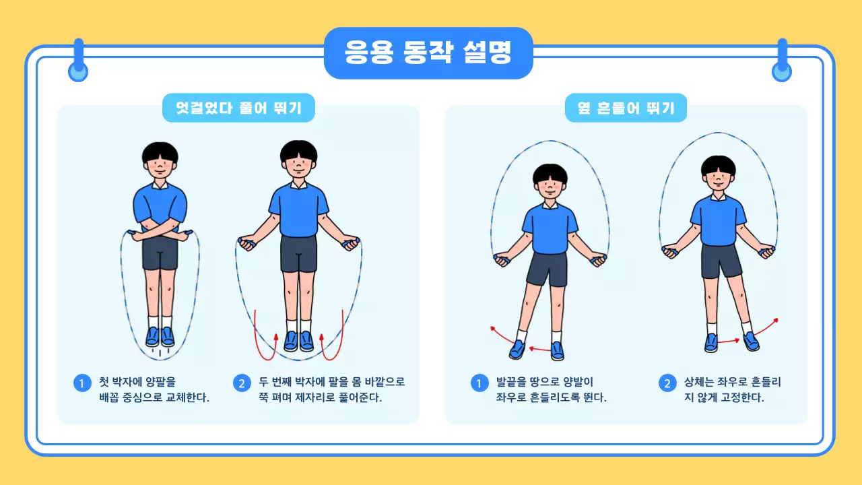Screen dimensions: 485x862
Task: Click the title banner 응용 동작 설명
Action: tap(428, 53)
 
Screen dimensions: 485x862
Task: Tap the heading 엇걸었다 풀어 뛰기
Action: tap(238, 108)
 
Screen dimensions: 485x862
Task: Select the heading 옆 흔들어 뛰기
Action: tap(626, 108)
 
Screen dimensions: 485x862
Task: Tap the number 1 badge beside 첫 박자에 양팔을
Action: tap(81, 383)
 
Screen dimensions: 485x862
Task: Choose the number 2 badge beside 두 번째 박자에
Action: tap(242, 383)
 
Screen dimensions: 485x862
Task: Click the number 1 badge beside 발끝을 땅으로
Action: tap(479, 383)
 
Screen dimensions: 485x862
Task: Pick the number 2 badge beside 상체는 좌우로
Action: tap(667, 383)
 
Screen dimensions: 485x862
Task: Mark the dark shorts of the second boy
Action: tap(298, 253)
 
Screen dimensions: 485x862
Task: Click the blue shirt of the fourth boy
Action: tap(719, 219)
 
